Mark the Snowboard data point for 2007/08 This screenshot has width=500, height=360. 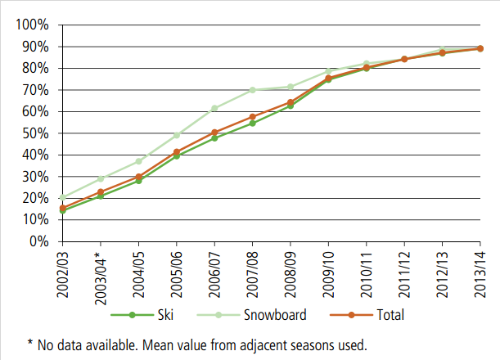tap(252, 90)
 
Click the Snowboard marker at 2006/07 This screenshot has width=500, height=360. tap(214, 108)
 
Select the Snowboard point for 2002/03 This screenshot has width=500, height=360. tap(62, 197)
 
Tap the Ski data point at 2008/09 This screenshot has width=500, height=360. tap(290, 106)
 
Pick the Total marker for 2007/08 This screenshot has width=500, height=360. tap(252, 117)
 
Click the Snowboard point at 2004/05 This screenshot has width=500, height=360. tap(138, 161)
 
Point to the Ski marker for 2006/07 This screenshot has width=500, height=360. tap(214, 137)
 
